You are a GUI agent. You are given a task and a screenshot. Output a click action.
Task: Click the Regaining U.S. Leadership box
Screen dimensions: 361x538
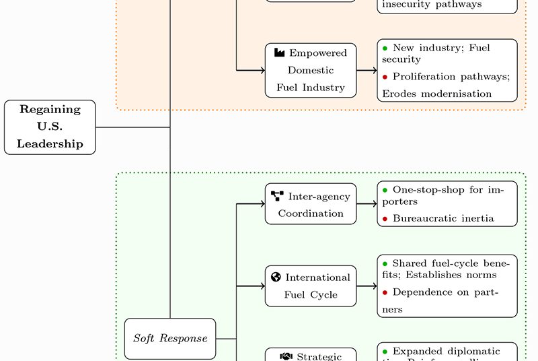pos(50,127)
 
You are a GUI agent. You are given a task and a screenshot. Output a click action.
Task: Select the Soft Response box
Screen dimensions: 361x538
pos(170,338)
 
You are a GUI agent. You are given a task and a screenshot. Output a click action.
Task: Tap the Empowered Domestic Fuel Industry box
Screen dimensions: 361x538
pos(310,70)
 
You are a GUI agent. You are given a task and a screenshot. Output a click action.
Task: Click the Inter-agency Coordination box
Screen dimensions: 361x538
pos(310,205)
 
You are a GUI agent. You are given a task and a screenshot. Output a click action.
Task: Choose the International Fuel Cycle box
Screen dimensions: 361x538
pos(310,286)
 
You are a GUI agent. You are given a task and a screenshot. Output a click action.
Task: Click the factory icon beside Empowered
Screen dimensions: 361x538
pos(280,53)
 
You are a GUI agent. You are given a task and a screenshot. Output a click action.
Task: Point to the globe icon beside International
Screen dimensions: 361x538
pos(276,277)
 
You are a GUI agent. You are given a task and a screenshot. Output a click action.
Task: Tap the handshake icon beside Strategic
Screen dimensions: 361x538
pos(286,356)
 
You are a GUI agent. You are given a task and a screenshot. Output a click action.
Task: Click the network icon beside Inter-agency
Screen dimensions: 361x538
pos(277,196)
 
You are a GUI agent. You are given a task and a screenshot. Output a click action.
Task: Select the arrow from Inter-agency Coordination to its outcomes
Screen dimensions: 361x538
pos(366,203)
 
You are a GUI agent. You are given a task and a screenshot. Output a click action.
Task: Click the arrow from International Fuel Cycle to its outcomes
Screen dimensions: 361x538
pos(366,286)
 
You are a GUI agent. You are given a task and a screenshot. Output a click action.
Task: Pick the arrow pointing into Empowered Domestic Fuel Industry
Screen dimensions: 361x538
pos(250,69)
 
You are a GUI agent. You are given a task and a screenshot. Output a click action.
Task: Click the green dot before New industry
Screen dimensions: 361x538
pos(385,48)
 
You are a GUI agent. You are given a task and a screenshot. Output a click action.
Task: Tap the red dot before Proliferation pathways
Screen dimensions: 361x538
pos(385,77)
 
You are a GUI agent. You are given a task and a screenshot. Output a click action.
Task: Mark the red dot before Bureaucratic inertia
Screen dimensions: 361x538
pos(385,218)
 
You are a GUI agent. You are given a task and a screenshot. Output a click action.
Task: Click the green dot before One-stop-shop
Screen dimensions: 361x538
pos(385,190)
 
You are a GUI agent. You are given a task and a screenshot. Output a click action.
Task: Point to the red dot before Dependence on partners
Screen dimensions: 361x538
pos(385,292)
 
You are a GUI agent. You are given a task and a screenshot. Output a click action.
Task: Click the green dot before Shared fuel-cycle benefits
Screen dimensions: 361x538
pos(385,263)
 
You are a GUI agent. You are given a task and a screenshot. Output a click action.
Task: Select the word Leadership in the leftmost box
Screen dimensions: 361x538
pos(50,143)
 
